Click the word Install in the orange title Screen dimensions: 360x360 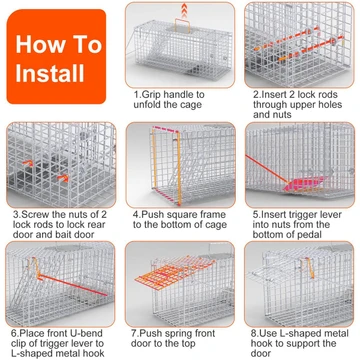(x=50, y=73)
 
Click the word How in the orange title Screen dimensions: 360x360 (x=36, y=44)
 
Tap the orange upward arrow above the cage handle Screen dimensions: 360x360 (x=183, y=10)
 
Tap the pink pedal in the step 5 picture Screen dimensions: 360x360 (x=305, y=183)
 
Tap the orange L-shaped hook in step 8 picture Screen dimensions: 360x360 (x=309, y=268)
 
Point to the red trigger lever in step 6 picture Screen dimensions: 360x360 (x=73, y=285)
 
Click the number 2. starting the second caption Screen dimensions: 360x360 (x=256, y=95)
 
